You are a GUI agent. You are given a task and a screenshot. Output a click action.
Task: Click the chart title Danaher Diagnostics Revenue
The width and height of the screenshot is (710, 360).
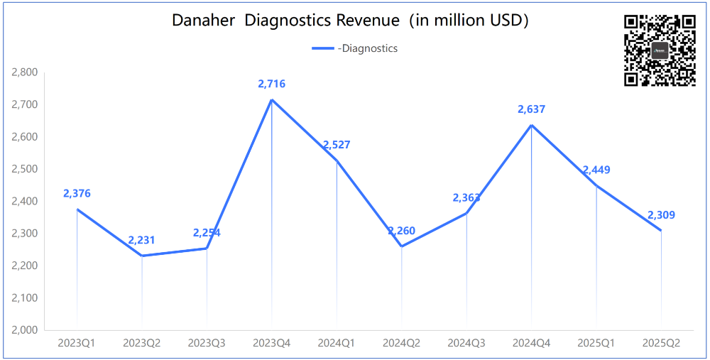[351, 21]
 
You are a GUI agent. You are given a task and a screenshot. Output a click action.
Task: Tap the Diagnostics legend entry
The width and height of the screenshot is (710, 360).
[355, 48]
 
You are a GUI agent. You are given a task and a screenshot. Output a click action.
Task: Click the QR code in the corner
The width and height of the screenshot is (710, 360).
[660, 50]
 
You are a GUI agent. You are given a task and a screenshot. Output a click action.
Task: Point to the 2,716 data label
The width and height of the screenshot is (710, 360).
[272, 84]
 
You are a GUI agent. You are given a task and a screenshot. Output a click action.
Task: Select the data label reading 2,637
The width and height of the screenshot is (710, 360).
[532, 109]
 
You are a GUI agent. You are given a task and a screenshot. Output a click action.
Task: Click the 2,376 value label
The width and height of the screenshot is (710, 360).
[77, 193]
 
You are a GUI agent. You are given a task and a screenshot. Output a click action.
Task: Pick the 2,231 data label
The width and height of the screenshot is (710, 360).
[142, 241]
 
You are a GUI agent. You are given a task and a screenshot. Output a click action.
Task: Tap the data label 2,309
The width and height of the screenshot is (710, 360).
[661, 215]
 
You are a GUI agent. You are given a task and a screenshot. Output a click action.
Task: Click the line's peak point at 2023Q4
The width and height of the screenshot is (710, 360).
[272, 99]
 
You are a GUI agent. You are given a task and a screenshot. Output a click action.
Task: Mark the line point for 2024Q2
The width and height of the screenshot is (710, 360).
[402, 246]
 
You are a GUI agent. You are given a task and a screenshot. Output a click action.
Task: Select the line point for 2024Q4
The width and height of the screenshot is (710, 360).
[532, 125]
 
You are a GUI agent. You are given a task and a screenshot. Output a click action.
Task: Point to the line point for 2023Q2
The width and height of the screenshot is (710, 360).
[142, 256]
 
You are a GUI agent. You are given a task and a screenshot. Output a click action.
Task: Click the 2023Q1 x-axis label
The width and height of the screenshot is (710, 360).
[77, 343]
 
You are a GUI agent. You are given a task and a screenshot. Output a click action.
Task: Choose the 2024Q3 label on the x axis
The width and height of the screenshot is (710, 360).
[466, 343]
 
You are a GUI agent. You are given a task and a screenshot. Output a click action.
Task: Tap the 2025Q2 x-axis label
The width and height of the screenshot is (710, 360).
[661, 343]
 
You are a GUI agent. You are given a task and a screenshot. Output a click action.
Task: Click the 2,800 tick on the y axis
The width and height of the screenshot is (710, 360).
[25, 72]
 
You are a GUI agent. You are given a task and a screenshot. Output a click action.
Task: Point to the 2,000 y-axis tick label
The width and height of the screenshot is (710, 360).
[25, 330]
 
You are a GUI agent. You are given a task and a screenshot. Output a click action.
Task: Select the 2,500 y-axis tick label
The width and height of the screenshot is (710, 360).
[25, 169]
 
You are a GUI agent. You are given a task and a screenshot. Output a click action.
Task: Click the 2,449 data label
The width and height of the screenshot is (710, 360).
[596, 170]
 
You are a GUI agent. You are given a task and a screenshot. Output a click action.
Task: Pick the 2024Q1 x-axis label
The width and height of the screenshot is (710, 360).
[337, 343]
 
